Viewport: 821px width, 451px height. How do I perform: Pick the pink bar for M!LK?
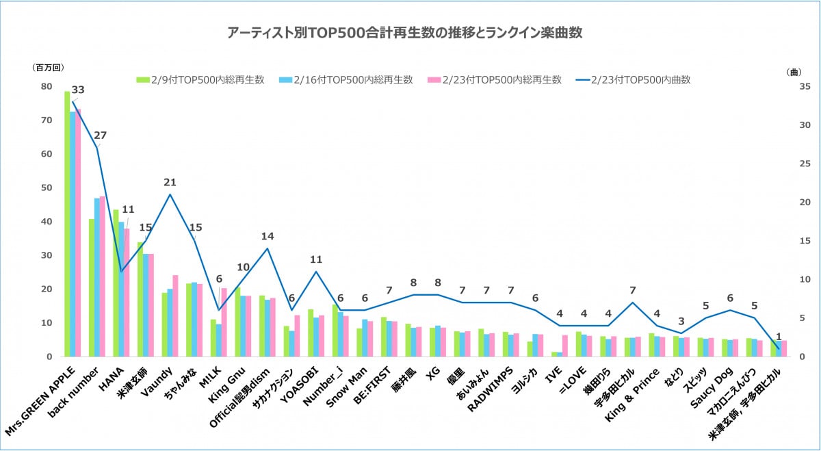pyautogui.click(x=224, y=322)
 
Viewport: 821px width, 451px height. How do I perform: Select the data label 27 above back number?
pyautogui.click(x=101, y=136)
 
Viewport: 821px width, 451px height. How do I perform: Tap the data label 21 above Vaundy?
pyautogui.click(x=170, y=182)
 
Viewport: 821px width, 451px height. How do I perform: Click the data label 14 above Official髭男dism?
pyautogui.click(x=268, y=236)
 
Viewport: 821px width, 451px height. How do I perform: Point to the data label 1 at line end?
pyautogui.click(x=777, y=336)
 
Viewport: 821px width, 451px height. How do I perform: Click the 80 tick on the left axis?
pyautogui.click(x=47, y=86)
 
